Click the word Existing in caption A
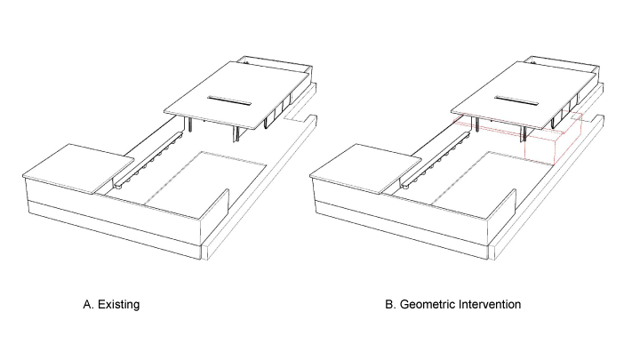tap(119, 305)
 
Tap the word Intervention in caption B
tap(490, 305)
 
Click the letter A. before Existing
tap(89, 305)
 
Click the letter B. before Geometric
tap(390, 305)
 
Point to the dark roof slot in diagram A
tap(229, 100)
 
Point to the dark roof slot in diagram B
tap(516, 100)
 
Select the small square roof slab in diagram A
tap(78, 168)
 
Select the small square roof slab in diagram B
tap(365, 168)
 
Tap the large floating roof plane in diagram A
tap(236, 95)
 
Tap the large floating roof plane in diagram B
tap(524, 95)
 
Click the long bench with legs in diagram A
tap(147, 160)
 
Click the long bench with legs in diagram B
tap(435, 160)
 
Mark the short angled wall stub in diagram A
tap(216, 206)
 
